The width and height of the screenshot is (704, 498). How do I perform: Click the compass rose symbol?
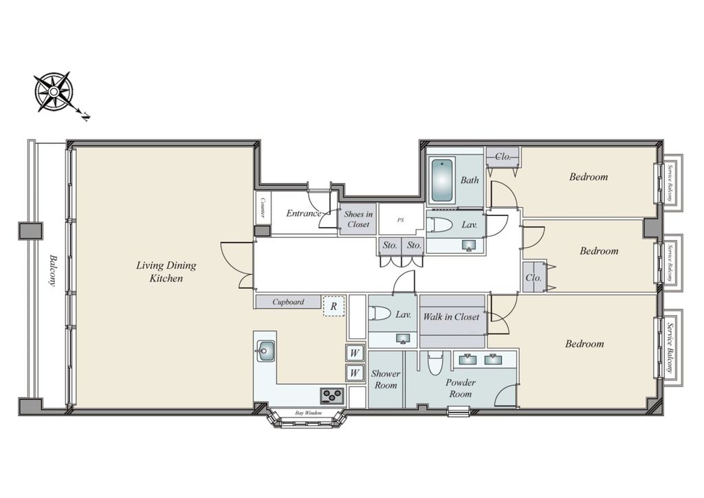coord(54,91)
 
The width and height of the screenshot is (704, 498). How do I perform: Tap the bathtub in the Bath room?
coord(443,180)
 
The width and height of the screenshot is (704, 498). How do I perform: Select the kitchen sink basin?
coord(265,351)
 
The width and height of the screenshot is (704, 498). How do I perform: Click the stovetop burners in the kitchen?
coord(332,396)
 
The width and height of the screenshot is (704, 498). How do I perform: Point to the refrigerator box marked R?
coord(333,306)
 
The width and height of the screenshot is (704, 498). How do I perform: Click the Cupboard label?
coord(288,302)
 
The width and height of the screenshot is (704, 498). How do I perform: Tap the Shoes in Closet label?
coord(358,219)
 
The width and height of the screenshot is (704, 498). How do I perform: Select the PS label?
coord(401,220)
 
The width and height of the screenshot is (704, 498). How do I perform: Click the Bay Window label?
coord(309,413)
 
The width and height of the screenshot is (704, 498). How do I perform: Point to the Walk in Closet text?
coord(451,316)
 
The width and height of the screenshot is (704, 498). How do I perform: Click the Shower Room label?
coord(386,380)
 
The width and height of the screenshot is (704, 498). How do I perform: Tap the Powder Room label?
coord(461,388)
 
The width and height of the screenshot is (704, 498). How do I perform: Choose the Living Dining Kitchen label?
coord(166,272)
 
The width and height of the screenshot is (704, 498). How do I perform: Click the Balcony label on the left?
coord(53,270)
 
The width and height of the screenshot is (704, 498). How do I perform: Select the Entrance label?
coord(304,213)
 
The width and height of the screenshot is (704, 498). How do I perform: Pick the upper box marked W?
coord(355,353)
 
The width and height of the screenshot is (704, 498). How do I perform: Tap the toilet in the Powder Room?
coord(434,362)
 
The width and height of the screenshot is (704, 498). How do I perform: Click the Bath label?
coord(470,180)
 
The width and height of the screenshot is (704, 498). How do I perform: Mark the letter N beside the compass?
coord(85,117)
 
